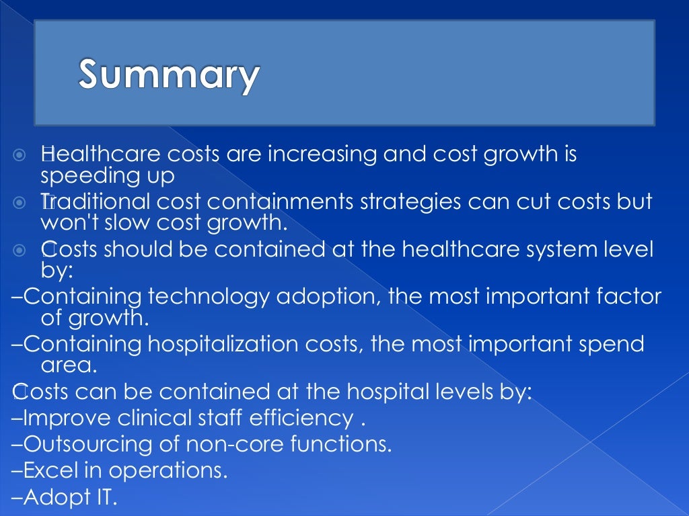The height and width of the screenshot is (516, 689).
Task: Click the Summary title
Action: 168,75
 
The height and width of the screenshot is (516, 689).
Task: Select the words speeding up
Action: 108,176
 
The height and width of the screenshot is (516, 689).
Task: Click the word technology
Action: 204,296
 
